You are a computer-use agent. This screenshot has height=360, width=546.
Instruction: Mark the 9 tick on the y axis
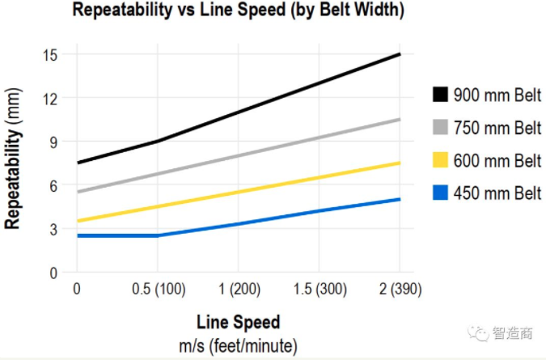point(53,142)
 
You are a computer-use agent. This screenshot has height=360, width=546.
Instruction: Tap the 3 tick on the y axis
point(53,229)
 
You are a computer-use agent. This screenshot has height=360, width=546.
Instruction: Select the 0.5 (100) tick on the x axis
point(158,290)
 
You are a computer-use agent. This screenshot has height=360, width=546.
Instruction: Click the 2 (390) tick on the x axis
point(399,290)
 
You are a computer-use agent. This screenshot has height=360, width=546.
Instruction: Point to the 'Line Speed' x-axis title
point(238,322)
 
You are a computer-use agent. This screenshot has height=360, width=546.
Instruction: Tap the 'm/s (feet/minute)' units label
point(238,345)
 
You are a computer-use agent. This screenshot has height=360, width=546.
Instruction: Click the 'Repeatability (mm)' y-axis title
point(14,169)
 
